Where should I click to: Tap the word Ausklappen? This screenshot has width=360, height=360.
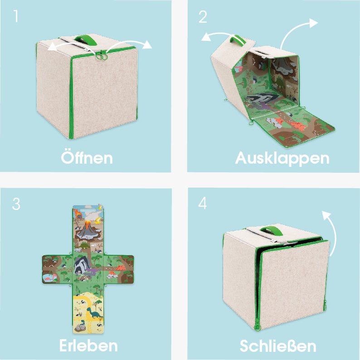[x=282, y=158]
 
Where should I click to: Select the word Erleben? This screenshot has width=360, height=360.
[x=88, y=345]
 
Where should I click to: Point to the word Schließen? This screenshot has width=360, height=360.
[x=278, y=346]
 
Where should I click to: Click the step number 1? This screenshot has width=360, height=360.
[x=16, y=16]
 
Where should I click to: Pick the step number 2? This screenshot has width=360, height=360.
[x=203, y=16]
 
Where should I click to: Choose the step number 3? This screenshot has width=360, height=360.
[x=16, y=204]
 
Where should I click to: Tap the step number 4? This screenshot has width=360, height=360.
[x=203, y=203]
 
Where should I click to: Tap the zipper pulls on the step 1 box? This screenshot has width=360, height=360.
[x=101, y=56]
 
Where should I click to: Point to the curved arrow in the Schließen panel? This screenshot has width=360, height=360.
[x=332, y=232]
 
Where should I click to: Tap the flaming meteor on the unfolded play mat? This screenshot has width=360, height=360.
[x=78, y=215]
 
